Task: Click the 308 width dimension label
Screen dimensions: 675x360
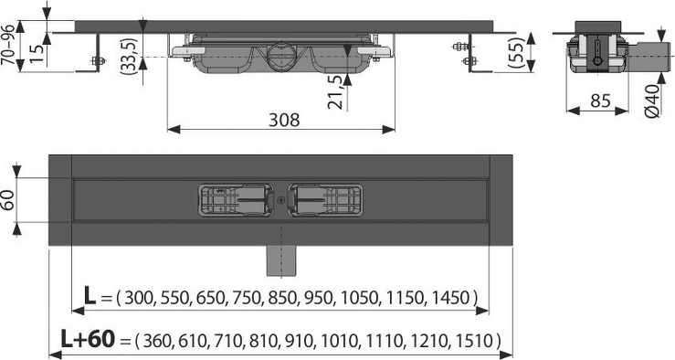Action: (x=284, y=120)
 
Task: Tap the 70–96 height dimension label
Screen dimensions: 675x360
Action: (x=8, y=45)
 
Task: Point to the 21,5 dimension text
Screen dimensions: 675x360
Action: (x=337, y=91)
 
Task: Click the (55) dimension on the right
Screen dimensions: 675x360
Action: (x=517, y=52)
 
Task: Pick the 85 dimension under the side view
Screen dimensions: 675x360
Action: (x=600, y=101)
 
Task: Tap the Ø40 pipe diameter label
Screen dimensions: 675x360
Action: (x=652, y=101)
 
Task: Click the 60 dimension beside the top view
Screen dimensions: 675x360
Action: (x=8, y=200)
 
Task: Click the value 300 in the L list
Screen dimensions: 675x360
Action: (x=139, y=298)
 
